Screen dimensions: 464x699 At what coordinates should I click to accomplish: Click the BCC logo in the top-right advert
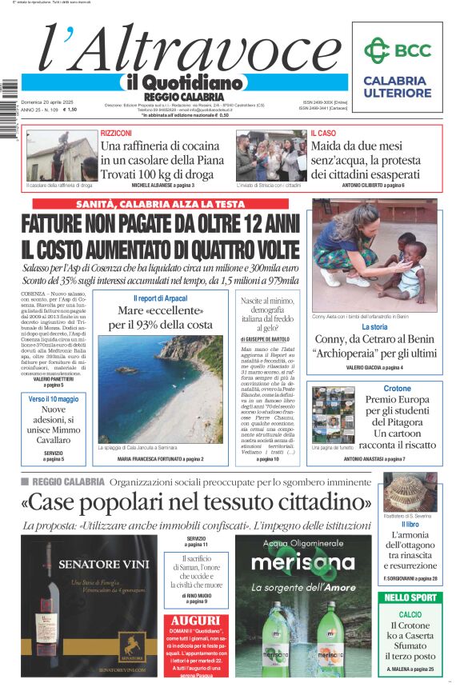pyautogui.click(x=397, y=51)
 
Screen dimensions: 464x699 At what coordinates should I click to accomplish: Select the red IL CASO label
pyautogui.click(x=323, y=133)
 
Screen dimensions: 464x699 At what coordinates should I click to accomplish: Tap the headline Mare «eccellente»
pyautogui.click(x=161, y=310)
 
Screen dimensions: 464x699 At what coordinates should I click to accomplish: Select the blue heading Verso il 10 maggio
pyautogui.click(x=54, y=398)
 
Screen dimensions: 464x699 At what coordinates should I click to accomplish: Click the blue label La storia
pyautogui.click(x=374, y=327)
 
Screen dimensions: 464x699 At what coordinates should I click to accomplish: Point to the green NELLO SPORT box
pyautogui.click(x=411, y=597)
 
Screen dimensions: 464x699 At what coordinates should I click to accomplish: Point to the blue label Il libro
pyautogui.click(x=410, y=524)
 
